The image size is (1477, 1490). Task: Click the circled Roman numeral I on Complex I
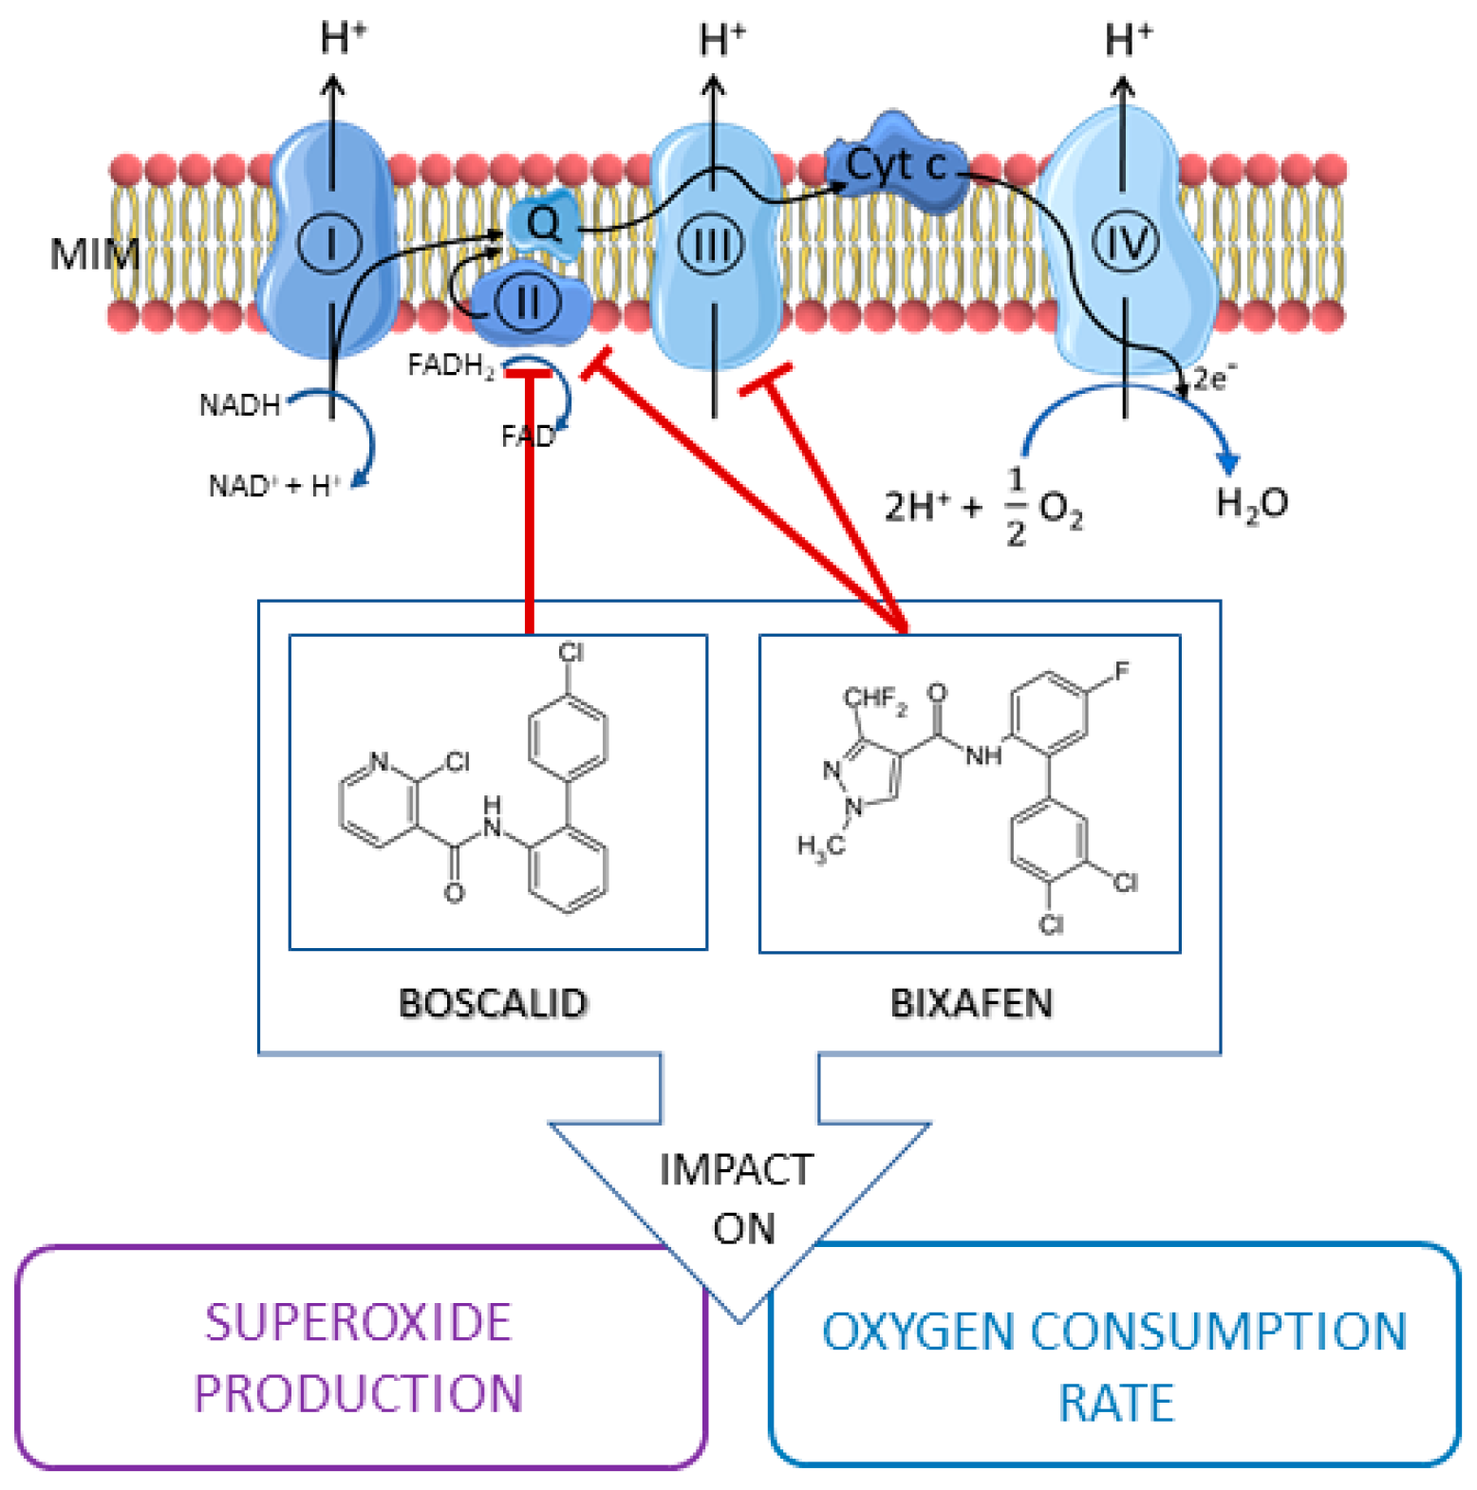pos(329,243)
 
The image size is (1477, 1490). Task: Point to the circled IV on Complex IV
pos(1126,243)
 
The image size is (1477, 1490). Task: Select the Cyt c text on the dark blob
pos(896,165)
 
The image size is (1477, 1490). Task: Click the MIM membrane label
pos(94,254)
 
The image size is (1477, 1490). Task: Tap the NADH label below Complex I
pos(239,405)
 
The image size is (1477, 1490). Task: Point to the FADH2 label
pos(451,365)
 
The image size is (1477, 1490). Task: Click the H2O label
pos(1252,502)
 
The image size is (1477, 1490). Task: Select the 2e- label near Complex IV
pos(1214,379)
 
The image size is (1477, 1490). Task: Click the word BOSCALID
pos(493,1003)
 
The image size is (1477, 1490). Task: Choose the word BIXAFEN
pos(971,1003)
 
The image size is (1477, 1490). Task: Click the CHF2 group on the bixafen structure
pos(874,700)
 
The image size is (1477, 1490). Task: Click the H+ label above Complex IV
pos(1128,41)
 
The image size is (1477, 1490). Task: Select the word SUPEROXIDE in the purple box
pos(358,1322)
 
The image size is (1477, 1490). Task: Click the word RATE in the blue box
pos(1115,1403)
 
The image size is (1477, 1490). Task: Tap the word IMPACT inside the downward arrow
pos(737,1169)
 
